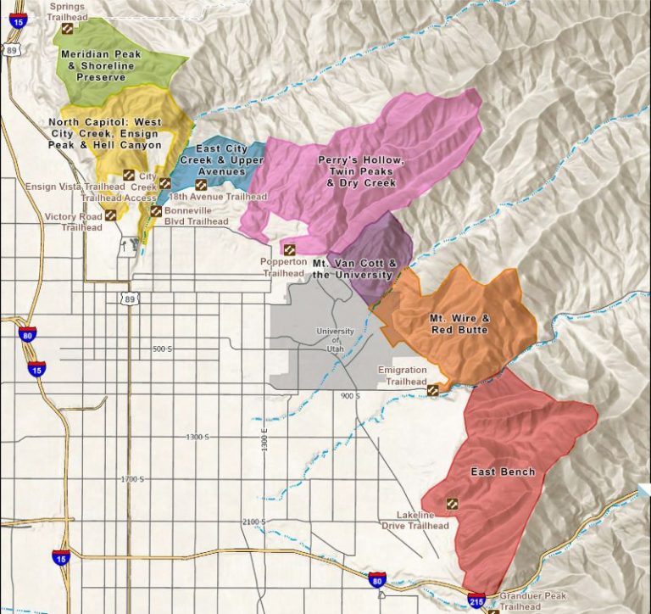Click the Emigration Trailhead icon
(x=433, y=390)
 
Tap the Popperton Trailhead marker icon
(x=288, y=250)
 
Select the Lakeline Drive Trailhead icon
(x=452, y=504)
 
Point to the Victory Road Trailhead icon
(x=111, y=215)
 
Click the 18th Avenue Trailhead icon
(x=201, y=184)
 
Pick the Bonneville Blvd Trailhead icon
(x=156, y=210)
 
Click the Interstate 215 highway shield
(x=476, y=600)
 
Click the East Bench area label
(x=503, y=472)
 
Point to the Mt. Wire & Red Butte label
(x=459, y=324)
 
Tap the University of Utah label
(x=335, y=336)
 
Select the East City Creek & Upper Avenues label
(x=214, y=160)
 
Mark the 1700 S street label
(x=134, y=479)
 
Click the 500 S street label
(x=162, y=349)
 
